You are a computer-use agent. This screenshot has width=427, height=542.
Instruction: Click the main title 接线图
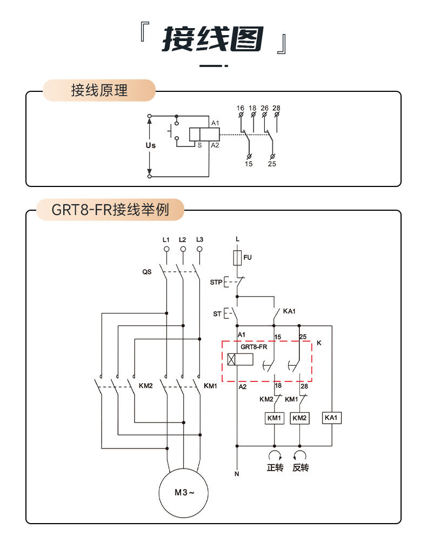point(213,40)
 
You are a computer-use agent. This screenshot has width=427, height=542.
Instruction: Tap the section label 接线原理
point(99,90)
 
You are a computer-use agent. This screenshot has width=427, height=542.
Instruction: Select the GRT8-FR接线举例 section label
point(110,210)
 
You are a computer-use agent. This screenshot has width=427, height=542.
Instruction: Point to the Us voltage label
point(151,145)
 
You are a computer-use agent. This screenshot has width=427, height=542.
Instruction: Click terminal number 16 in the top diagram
point(241,108)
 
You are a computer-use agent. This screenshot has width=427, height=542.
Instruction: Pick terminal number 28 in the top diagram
point(277,108)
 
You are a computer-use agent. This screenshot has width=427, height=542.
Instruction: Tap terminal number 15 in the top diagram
point(249,164)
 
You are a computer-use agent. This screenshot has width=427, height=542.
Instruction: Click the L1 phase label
point(166,239)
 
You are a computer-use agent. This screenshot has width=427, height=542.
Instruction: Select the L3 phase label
point(200,239)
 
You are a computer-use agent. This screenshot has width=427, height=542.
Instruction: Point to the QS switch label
point(147,272)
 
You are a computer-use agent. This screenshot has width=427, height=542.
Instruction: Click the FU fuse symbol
point(237,258)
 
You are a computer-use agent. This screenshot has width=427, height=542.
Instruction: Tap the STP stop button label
point(216,282)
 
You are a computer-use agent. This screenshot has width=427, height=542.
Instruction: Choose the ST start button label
point(217,313)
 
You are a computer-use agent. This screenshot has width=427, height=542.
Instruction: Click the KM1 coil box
point(274,418)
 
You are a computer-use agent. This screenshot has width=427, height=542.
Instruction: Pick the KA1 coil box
point(331,418)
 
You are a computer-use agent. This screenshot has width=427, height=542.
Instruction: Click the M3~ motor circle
point(183,492)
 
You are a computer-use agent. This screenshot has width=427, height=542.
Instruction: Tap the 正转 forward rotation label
point(275,467)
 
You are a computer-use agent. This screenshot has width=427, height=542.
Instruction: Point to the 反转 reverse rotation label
point(301,467)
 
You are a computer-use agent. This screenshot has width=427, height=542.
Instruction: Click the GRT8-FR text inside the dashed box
point(254,347)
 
